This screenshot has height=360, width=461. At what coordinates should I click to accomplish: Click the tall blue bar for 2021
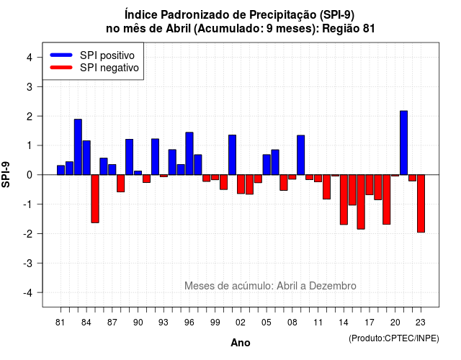(403, 143)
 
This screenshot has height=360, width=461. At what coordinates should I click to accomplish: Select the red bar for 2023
(421, 203)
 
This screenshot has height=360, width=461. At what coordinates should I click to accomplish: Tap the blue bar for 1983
(78, 147)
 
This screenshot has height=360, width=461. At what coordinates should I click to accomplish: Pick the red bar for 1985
(95, 199)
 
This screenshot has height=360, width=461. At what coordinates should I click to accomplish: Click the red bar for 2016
(361, 202)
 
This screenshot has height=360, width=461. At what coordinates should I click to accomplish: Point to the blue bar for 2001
(232, 155)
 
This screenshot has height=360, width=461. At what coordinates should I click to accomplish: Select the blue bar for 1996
(189, 153)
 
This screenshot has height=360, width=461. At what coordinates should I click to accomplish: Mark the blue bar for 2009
(301, 156)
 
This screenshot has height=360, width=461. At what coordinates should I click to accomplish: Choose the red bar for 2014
(344, 199)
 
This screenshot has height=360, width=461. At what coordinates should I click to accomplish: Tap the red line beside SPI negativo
(61, 68)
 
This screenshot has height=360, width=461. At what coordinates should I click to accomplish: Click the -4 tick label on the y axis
(28, 292)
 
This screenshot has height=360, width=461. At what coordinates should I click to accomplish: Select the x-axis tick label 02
(241, 323)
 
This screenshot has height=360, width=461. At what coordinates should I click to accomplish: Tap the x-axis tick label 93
(164, 323)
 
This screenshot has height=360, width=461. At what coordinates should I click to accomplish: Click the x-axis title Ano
(241, 343)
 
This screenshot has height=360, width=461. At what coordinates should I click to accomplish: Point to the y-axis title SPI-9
(6, 174)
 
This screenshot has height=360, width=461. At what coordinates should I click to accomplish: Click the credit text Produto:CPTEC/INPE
(394, 338)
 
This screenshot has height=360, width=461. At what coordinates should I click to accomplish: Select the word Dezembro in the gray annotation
(333, 286)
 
